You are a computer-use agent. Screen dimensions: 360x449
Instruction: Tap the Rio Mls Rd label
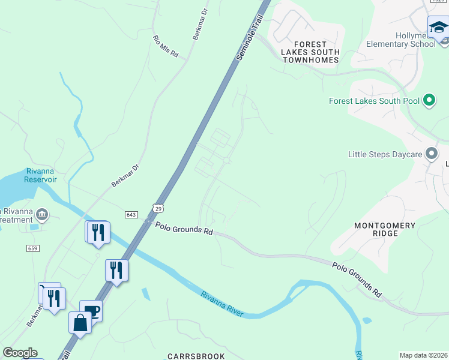point(166,47)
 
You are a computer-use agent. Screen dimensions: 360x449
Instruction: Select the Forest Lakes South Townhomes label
point(310,52)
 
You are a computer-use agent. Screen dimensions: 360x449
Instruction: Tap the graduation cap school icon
point(438,27)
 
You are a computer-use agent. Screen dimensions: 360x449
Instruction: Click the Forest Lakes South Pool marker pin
point(429,101)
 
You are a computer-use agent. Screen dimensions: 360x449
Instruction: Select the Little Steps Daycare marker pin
point(432,154)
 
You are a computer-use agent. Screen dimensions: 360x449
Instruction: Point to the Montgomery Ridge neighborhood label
point(385,229)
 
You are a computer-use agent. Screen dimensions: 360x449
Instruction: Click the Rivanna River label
point(222,304)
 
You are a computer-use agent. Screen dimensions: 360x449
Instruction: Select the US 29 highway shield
point(158,208)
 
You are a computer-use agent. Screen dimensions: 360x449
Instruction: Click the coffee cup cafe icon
point(91,310)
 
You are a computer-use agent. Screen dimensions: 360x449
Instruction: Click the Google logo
point(20,353)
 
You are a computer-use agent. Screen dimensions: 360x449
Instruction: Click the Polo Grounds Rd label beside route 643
point(184,229)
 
